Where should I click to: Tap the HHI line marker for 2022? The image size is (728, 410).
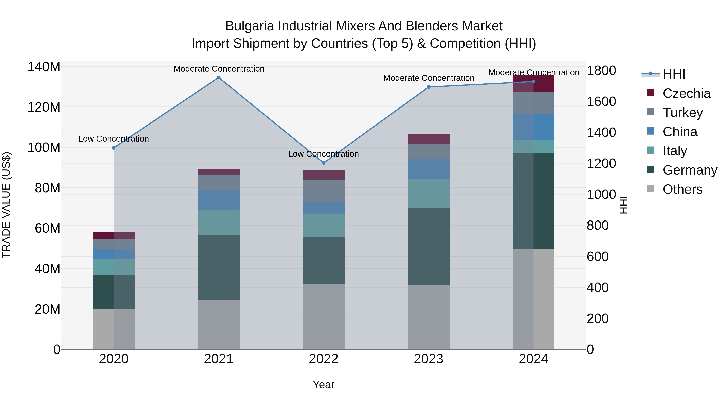(324, 163)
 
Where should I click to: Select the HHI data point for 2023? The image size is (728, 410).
(429, 87)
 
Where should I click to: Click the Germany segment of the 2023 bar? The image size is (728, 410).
(429, 246)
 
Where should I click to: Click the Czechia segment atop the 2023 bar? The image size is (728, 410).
(429, 139)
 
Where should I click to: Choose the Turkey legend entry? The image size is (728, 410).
(682, 113)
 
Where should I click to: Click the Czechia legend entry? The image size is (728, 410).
(686, 93)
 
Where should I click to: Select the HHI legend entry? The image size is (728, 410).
(674, 74)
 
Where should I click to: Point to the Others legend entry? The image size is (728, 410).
(682, 189)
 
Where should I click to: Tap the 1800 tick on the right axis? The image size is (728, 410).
(601, 70)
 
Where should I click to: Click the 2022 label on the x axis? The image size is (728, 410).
(324, 359)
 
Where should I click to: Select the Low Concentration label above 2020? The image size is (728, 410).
(114, 139)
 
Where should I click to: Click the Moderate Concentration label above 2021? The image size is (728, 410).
(219, 69)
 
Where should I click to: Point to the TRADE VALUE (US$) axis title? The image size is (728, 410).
(6, 205)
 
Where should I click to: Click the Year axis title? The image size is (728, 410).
(324, 384)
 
